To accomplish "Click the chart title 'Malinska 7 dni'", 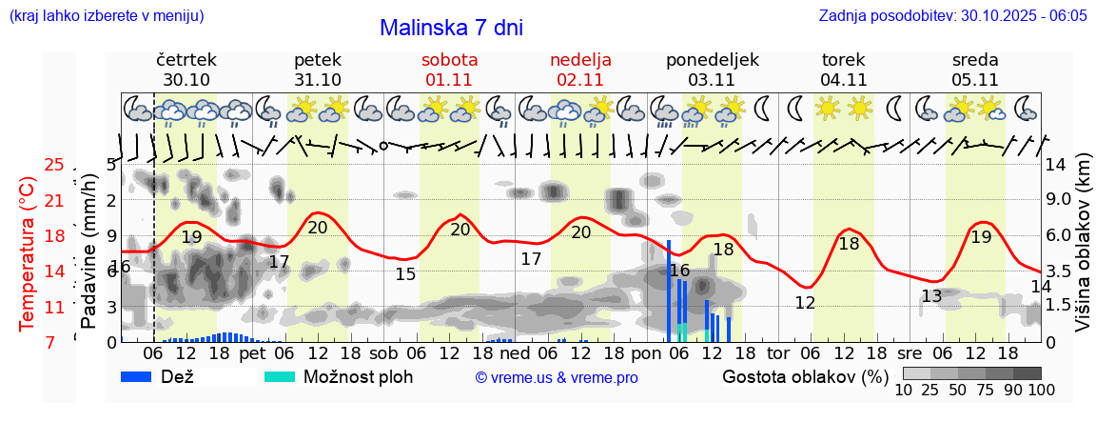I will click(x=451, y=28).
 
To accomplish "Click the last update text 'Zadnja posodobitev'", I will click(x=952, y=16).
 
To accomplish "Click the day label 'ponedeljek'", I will click(x=713, y=59).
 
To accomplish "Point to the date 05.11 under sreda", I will click(x=975, y=79).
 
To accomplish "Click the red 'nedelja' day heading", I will click(x=580, y=59).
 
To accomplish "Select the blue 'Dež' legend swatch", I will click(x=143, y=376).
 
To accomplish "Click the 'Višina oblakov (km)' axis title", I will click(x=1083, y=252).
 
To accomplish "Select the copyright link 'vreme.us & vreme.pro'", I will click(x=557, y=377).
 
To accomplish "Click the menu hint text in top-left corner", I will click(x=106, y=16).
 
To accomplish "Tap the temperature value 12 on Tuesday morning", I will click(x=805, y=303).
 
